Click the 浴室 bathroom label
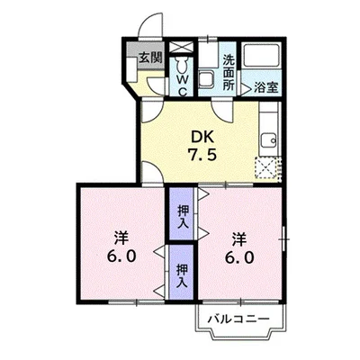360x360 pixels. pyautogui.click(x=265, y=88)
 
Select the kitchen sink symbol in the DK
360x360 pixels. pyautogui.click(x=267, y=139)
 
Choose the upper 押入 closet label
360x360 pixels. pyautogui.click(x=182, y=217)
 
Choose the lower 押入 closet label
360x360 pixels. pyautogui.click(x=182, y=274)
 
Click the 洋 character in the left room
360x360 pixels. pyautogui.click(x=121, y=237)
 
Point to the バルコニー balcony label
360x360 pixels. pyautogui.click(x=238, y=319)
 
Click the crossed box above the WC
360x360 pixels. pyautogui.click(x=182, y=46)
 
